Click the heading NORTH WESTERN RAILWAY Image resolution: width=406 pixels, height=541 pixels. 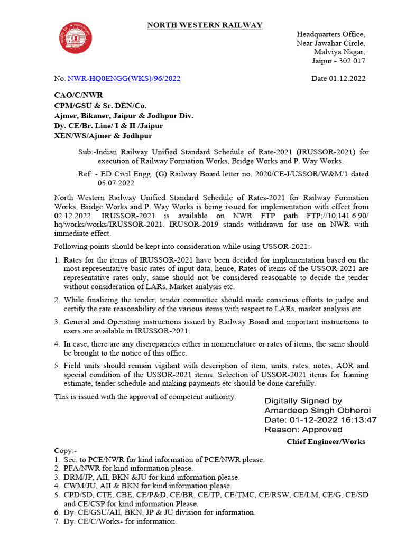click(x=204, y=25)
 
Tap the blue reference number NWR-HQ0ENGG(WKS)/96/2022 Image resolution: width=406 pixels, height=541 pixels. click(x=124, y=79)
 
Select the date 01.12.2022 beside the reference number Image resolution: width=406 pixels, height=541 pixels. click(x=348, y=79)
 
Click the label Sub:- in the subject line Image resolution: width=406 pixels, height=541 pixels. click(x=86, y=152)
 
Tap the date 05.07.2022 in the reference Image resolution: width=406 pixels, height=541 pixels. click(x=116, y=183)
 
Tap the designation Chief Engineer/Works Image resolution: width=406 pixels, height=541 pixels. click(x=326, y=441)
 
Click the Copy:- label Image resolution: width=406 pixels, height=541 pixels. click(x=66, y=451)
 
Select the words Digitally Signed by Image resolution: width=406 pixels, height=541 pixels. click(x=303, y=401)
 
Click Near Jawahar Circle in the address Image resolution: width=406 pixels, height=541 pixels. click(x=330, y=43)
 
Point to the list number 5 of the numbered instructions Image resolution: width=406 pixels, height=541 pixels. click(x=57, y=366)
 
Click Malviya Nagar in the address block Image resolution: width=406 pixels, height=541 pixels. click(x=339, y=52)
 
